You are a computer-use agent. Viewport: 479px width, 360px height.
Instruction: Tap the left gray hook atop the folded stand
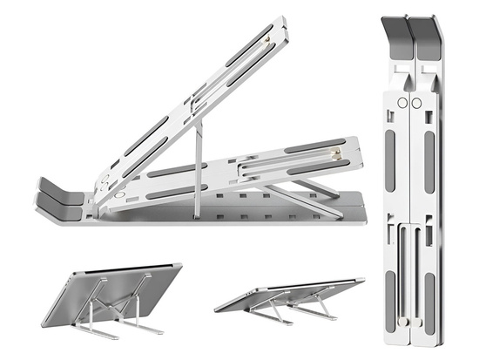pyautogui.click(x=396, y=35)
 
